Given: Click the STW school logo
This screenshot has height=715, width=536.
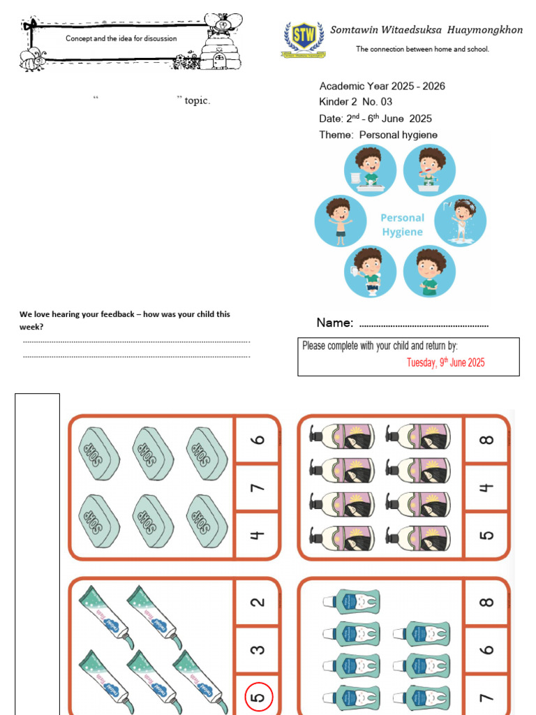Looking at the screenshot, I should [x=303, y=38].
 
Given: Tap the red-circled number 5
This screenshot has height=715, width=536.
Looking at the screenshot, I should [x=258, y=697].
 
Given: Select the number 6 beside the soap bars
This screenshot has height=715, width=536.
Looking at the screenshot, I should [x=258, y=439].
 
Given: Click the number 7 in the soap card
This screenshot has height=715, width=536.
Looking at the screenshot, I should [x=258, y=487].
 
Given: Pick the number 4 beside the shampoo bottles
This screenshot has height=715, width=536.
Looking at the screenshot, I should [x=486, y=487].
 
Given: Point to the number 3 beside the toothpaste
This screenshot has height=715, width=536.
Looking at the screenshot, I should [x=258, y=649].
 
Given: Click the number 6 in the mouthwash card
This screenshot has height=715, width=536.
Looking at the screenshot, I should [x=486, y=649].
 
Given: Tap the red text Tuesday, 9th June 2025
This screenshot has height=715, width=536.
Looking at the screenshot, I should [x=445, y=362].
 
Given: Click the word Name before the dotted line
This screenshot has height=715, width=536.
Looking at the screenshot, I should [x=334, y=323].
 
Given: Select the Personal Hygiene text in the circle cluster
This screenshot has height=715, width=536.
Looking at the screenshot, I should [x=402, y=225].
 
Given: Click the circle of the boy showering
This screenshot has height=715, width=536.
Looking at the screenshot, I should [x=461, y=221].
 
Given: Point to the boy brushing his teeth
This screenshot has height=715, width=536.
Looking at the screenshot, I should [x=430, y=170].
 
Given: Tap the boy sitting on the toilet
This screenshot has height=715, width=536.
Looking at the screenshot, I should [x=370, y=271].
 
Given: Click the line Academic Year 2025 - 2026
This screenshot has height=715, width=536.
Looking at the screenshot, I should [x=382, y=86].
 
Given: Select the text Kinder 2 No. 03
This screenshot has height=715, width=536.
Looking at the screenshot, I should [x=355, y=102].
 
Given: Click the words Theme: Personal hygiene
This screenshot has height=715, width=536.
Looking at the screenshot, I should [x=378, y=135].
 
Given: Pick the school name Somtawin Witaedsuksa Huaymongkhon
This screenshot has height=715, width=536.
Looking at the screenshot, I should [x=426, y=30].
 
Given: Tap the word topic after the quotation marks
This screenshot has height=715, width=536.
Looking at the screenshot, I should [x=198, y=101].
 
